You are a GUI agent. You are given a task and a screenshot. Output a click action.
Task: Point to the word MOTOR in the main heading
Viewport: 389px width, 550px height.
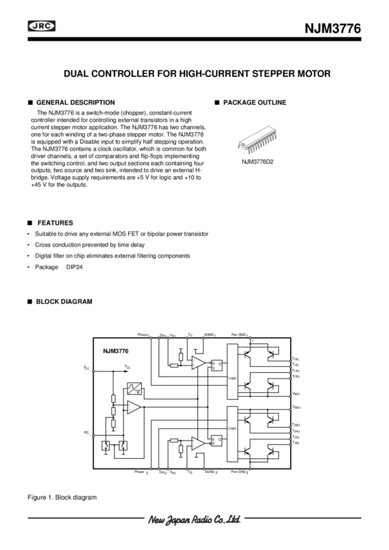tap(315, 74)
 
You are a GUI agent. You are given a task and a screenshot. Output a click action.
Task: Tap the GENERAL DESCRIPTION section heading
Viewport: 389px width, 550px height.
tap(75, 103)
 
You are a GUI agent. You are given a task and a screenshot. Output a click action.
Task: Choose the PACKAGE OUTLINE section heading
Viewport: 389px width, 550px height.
tap(254, 103)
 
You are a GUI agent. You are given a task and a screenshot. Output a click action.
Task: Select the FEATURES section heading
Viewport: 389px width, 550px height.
tap(55, 221)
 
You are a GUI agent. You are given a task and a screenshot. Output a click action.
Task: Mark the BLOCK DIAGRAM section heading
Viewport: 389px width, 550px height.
tap(63, 302)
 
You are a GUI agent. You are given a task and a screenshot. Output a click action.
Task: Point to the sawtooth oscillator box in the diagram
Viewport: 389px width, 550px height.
tap(135, 388)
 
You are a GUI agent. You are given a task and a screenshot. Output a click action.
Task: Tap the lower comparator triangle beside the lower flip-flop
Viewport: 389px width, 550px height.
tap(198, 443)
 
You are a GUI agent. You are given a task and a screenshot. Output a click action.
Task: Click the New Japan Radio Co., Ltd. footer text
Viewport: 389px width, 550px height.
tap(195, 519)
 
